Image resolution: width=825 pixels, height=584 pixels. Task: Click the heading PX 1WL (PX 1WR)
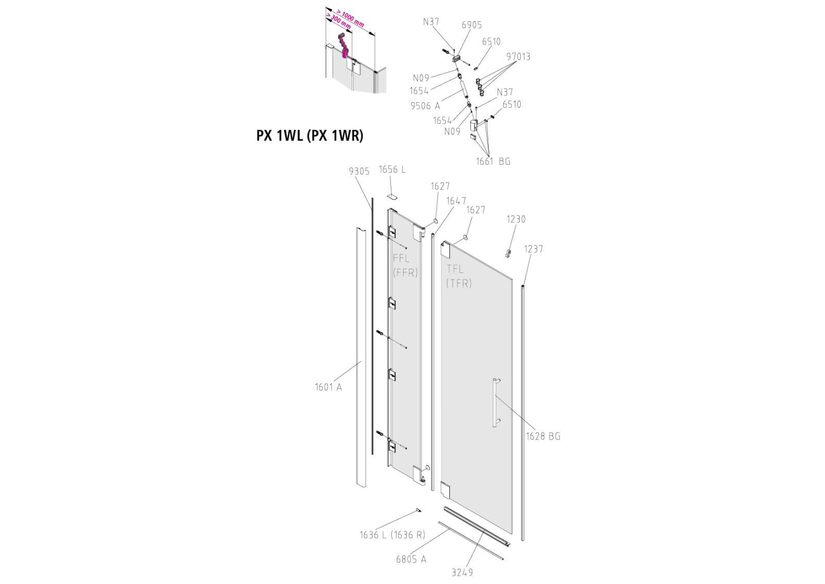[x=310, y=136]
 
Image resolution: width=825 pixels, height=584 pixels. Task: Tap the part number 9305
[x=359, y=171]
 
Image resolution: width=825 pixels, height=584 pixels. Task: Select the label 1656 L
[x=392, y=170]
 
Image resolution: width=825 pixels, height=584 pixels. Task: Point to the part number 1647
[x=456, y=201]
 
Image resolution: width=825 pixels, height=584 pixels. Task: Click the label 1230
[x=516, y=219]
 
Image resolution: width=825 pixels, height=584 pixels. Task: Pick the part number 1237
[x=534, y=249]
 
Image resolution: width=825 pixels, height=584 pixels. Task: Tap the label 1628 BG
[x=543, y=436]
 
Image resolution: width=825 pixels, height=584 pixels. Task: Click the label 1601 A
[x=328, y=387]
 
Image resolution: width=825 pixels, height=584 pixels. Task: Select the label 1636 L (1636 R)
[x=392, y=535]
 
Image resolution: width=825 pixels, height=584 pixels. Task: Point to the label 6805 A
[x=411, y=559]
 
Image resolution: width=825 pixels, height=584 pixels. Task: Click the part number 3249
[x=462, y=573]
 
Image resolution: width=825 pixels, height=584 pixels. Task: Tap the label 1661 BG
[x=493, y=161]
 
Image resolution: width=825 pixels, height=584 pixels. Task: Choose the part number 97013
[x=518, y=57]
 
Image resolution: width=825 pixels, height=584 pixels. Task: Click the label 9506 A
[x=425, y=106]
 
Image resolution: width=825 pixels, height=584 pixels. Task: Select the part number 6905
[x=472, y=25]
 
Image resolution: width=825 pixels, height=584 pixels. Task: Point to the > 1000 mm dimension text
[x=351, y=19]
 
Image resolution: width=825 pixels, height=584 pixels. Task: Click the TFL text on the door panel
[x=455, y=269]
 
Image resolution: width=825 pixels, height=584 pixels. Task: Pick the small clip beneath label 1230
[x=508, y=253]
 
